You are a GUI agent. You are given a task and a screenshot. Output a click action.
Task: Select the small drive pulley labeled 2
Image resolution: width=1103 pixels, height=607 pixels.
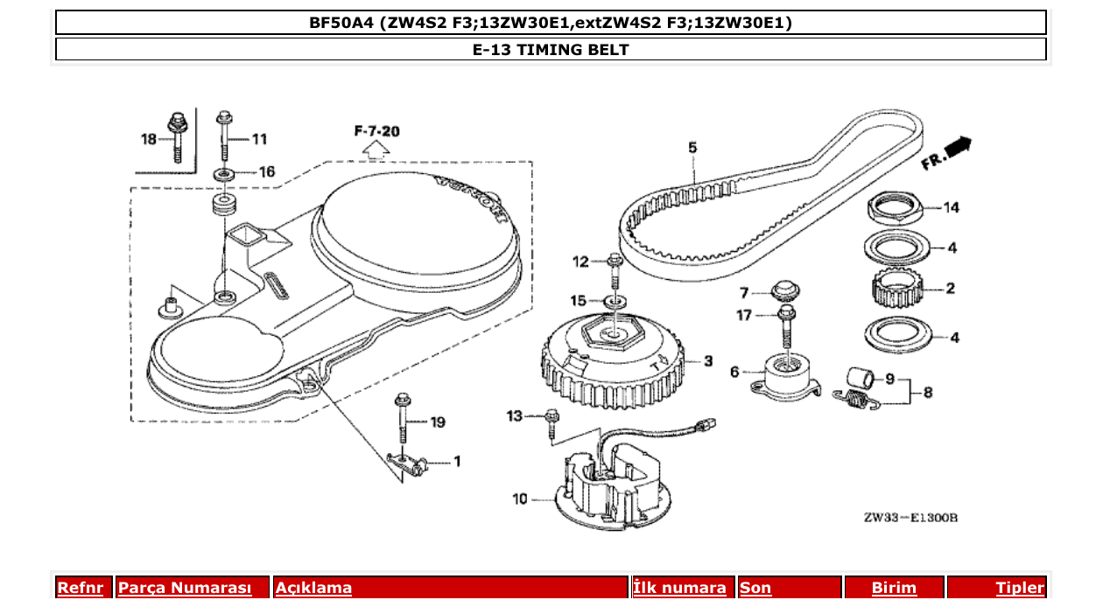(x=896, y=289)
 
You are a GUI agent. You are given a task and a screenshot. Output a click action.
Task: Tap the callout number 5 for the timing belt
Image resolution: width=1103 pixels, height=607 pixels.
(x=692, y=148)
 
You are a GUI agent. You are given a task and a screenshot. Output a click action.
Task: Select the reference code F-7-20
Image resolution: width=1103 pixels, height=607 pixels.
(x=377, y=131)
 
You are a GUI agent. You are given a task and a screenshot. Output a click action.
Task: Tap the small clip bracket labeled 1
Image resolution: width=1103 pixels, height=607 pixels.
(x=408, y=464)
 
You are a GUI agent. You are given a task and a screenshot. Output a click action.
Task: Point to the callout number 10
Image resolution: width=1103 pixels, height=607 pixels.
(x=520, y=499)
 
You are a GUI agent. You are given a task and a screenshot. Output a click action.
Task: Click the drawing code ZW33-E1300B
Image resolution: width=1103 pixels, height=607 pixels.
(x=910, y=518)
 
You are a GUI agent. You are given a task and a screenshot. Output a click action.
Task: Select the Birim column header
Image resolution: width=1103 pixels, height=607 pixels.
(x=894, y=588)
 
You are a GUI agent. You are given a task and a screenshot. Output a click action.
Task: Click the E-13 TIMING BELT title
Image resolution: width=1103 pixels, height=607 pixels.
(x=551, y=49)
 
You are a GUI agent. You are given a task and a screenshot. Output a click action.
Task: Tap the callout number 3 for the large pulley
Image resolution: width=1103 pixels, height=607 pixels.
(x=708, y=360)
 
